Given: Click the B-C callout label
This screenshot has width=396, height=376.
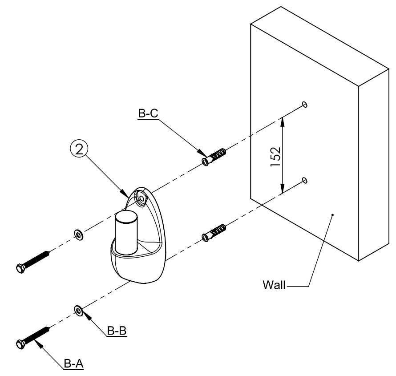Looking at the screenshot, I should pos(148,114).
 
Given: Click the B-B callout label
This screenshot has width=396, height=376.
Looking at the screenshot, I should pos(117,331).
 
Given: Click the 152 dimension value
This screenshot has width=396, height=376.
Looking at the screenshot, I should pos(275,155).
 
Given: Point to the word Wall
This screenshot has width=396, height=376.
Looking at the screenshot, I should pos(274,285).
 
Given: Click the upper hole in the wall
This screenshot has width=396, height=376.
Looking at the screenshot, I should pos(304,104).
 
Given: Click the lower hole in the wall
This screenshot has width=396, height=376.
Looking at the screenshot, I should pos(304,180).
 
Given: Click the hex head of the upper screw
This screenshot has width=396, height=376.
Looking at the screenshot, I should pos(20,268).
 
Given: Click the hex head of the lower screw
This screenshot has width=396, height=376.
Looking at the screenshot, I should pos(20,344).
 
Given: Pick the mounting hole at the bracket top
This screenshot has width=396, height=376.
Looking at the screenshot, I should pos(142,198).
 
